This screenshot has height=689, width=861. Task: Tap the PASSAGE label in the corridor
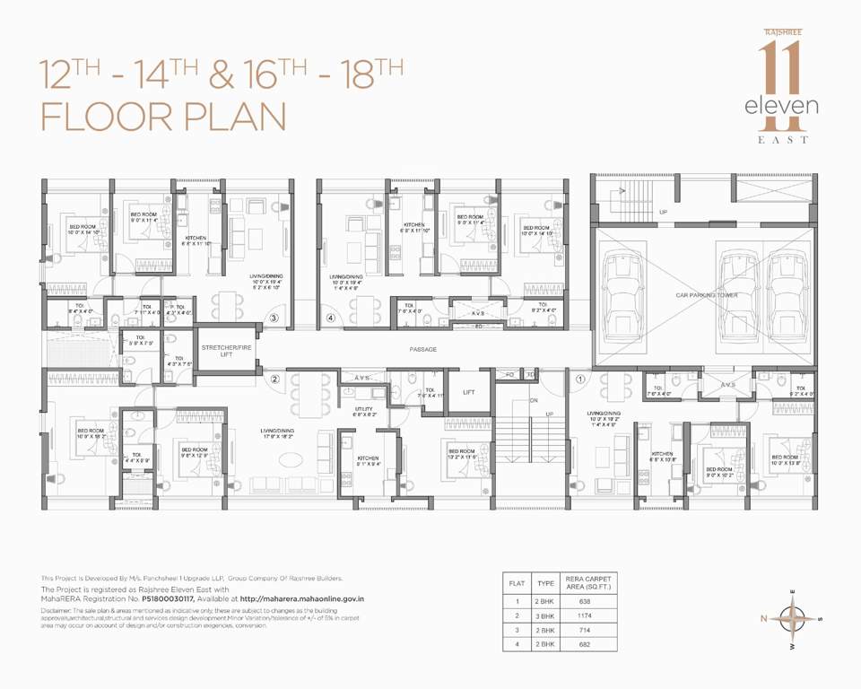click(423, 349)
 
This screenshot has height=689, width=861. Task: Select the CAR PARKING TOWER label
click(702, 294)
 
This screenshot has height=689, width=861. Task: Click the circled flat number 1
click(580, 379)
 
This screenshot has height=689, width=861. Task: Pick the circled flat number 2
click(276, 379)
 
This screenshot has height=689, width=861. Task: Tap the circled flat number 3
click(275, 318)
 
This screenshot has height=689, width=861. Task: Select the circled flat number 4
click(331, 318)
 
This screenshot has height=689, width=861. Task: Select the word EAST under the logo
click(786, 140)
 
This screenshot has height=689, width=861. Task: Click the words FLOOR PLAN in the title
click(163, 118)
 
